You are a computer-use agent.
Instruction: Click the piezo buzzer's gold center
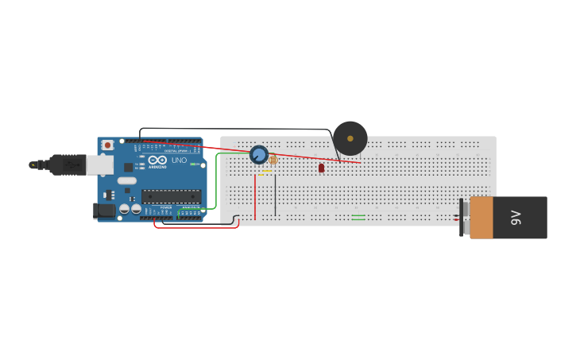tap(350, 138)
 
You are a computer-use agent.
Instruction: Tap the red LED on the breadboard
tap(321, 168)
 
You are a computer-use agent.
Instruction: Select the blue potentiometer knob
tap(258, 154)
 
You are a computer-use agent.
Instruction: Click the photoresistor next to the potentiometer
tap(273, 160)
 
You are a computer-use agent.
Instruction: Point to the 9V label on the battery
tap(515, 217)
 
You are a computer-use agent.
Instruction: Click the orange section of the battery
tap(481, 218)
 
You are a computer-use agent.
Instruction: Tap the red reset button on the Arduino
tap(108, 145)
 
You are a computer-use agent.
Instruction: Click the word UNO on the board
tap(179, 161)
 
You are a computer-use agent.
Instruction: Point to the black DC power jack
tap(103, 211)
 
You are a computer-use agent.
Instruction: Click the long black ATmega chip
tap(171, 196)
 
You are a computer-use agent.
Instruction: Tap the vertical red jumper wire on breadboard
tap(255, 196)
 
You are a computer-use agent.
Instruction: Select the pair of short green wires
tap(358, 217)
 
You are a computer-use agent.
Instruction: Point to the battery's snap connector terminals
tap(461, 217)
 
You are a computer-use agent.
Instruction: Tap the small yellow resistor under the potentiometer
tap(265, 171)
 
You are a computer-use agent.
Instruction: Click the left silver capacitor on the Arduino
tap(125, 209)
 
